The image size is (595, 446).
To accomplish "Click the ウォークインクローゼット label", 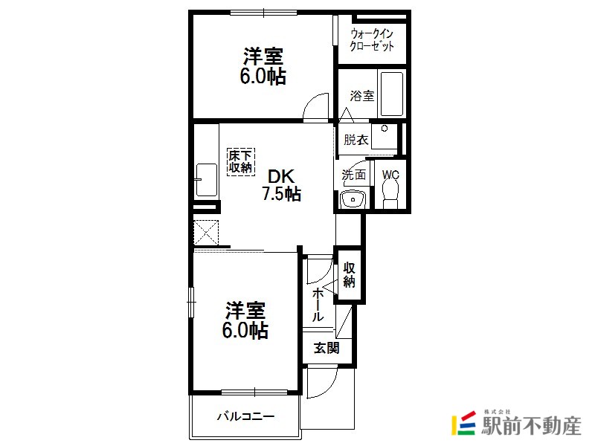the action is coord(371,40).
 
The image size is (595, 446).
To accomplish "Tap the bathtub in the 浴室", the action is coord(392,94).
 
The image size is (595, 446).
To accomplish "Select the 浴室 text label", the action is coord(361,96).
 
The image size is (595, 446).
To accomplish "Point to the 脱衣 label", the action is coord(356,140).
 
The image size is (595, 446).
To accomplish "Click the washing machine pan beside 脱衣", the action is coord(384,136).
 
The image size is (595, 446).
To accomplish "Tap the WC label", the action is coord(390,175).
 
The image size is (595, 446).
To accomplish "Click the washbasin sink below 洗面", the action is coord(353,198).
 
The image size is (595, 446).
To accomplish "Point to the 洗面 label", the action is coord(354,175).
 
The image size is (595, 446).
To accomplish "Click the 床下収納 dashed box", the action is coord(241,162).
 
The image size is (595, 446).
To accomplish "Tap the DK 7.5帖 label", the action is coord(281,185).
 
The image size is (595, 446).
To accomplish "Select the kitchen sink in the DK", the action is coord(206,180).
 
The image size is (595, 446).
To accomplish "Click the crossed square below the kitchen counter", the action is coord(206,232).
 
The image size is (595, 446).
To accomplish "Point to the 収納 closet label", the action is coord(349,274).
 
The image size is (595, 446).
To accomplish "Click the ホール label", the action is coord(318,306).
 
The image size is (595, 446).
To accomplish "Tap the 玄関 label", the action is coord(327,348).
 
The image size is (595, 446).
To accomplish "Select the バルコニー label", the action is coord(245,417).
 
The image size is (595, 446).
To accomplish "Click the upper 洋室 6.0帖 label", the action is coord(263,66).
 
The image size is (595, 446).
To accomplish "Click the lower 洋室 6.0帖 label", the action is coord(245,320).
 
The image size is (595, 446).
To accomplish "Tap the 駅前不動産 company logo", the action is coord(516,423).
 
